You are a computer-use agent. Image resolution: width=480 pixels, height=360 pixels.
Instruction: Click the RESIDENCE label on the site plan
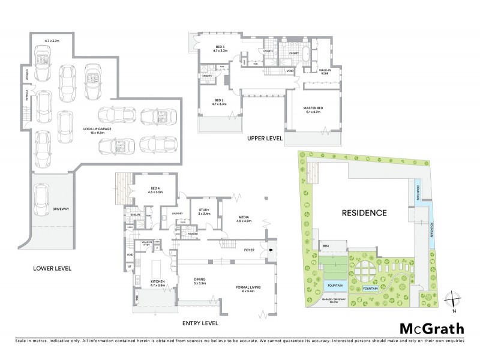[364, 212]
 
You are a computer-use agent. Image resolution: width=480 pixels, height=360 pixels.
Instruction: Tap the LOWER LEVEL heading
[52, 268]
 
